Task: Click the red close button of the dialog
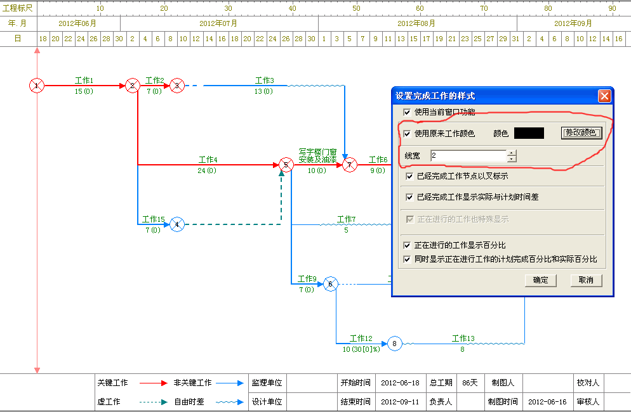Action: pos(604,96)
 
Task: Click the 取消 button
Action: pos(586,280)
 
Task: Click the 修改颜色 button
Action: pos(581,132)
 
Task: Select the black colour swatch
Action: pos(529,133)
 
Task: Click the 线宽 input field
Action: pos(468,155)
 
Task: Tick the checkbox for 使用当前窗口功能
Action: pos(407,112)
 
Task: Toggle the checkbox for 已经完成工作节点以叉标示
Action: pos(409,176)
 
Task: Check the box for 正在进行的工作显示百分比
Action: pos(407,245)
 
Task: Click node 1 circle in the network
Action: pos(37,86)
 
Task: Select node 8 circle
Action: pos(394,344)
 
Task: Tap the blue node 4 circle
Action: pos(177,224)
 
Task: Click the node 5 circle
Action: pos(286,165)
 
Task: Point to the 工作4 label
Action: pos(208,160)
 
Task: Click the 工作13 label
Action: pos(463,338)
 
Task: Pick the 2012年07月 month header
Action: pos(218,23)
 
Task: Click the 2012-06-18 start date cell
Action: pos(400,383)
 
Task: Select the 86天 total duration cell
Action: pos(470,383)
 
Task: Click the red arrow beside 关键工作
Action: pos(154,383)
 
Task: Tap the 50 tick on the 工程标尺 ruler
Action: pos(356,8)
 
